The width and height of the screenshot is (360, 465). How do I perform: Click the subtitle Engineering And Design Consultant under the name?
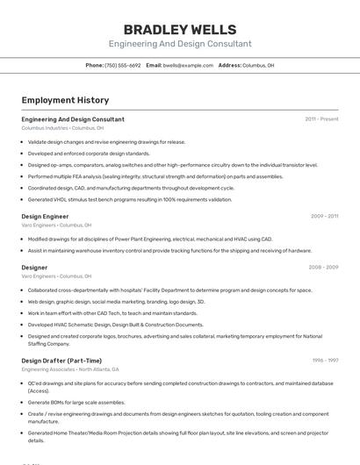tap(179, 44)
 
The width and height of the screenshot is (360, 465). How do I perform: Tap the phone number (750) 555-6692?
tap(122, 65)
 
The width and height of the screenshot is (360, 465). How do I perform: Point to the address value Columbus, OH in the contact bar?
tap(258, 65)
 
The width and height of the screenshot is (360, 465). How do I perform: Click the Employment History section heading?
tap(65, 100)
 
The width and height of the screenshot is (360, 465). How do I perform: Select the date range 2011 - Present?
tap(321, 119)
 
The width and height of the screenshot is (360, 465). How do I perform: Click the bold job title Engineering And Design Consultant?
tap(73, 119)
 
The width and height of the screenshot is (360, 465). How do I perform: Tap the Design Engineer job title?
tap(45, 216)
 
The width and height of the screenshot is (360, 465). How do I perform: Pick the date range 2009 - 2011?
tap(324, 216)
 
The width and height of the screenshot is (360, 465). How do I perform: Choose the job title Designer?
tap(34, 268)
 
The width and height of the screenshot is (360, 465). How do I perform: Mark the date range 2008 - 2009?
tap(324, 268)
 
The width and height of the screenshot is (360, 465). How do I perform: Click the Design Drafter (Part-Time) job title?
tap(61, 361)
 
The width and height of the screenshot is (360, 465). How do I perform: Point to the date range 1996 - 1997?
tap(325, 361)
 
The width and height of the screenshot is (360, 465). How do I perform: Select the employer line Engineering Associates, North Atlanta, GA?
tap(70, 369)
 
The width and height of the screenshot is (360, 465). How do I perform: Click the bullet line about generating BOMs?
tap(76, 403)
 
